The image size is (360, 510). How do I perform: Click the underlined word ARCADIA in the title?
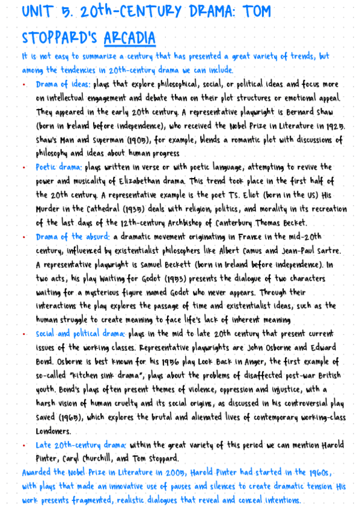click(129, 38)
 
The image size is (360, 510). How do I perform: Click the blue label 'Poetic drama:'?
click(59, 167)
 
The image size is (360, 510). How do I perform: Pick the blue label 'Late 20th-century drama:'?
click(81, 444)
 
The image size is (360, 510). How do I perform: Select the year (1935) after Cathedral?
click(141, 209)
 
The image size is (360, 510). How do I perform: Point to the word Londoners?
click(53, 431)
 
